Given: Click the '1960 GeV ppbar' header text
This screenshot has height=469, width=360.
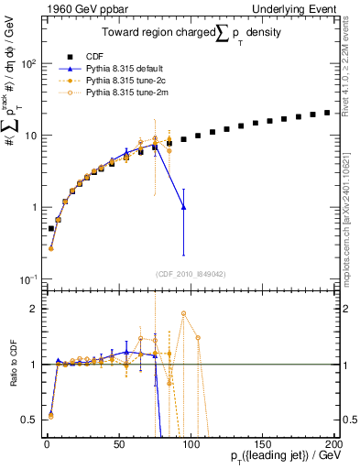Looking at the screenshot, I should [x=78, y=8].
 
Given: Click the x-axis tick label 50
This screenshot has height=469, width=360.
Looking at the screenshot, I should [x=119, y=443].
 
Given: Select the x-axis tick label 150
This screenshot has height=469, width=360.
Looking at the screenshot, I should [x=263, y=443].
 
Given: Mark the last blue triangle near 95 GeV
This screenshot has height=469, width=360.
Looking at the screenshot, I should [x=184, y=207].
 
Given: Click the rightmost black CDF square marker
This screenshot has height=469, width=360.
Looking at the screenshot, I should [x=328, y=112].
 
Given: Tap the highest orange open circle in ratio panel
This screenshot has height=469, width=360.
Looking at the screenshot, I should [x=184, y=313].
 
